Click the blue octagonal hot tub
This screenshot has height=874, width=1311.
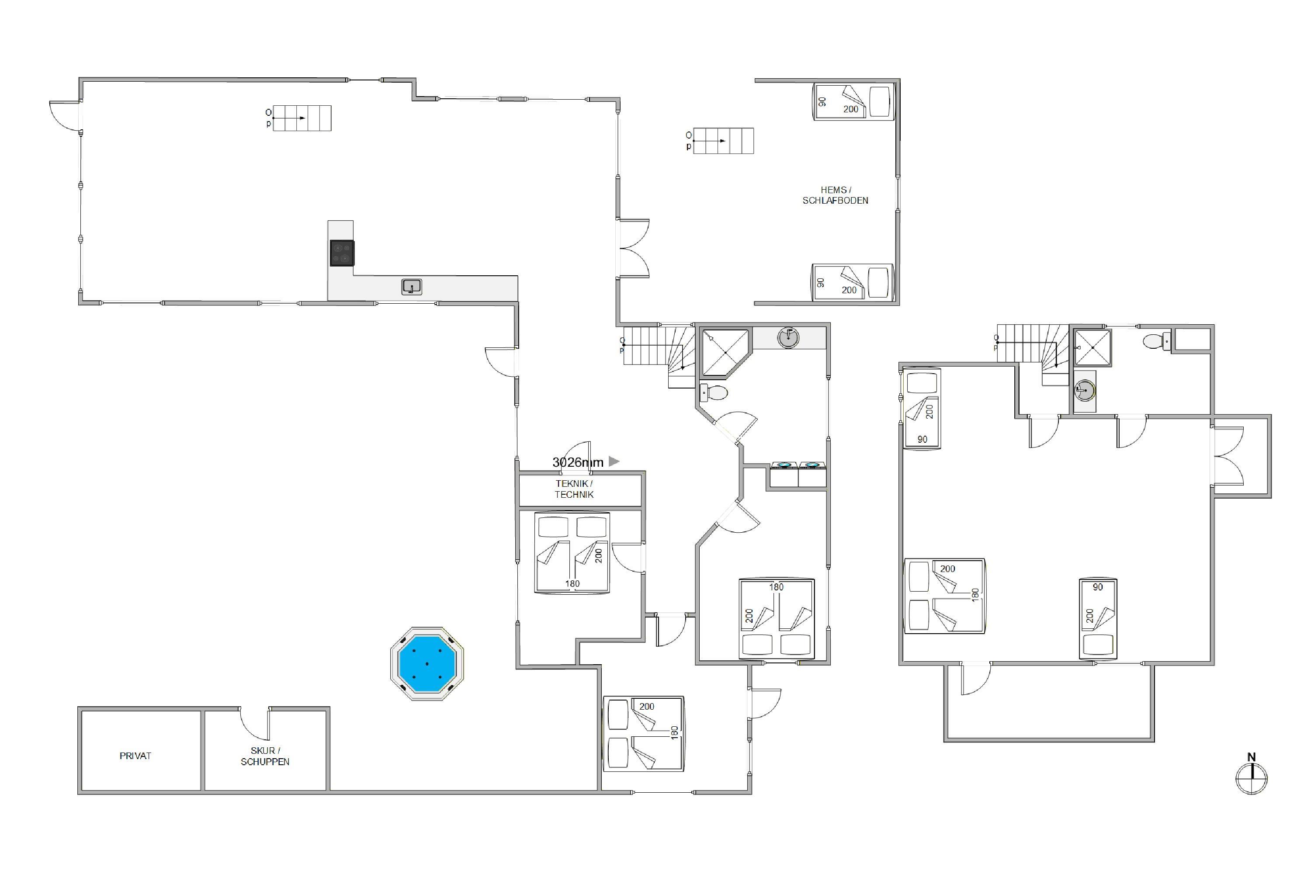point(427,663)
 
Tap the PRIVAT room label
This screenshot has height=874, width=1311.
point(135,756)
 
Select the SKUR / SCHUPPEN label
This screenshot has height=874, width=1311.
point(265,756)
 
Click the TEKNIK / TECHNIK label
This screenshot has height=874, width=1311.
point(574,489)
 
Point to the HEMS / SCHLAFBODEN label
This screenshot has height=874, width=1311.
point(836,195)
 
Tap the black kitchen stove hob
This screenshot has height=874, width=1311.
point(342,253)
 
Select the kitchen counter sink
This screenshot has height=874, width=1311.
point(412,287)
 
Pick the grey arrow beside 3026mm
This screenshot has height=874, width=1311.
point(614,461)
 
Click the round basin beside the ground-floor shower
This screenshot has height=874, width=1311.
point(788,337)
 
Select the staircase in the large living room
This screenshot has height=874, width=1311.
point(302,118)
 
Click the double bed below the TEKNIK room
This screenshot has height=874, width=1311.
point(572,552)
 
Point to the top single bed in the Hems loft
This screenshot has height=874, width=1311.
point(854,101)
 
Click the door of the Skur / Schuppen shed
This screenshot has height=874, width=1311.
point(254,724)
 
